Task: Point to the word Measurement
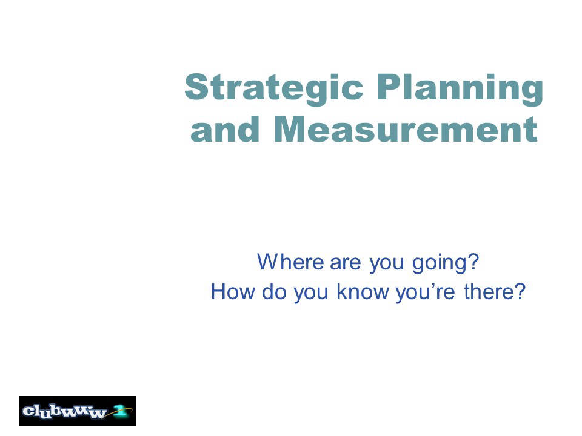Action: [406, 129]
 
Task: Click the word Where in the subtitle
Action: [290, 262]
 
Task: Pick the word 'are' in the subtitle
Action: [345, 263]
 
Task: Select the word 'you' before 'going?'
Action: [386, 265]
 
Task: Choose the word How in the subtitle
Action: [233, 291]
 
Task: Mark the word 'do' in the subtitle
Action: [274, 291]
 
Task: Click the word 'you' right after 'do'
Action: [311, 294]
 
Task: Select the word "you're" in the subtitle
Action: [426, 293]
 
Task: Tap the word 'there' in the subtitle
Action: [488, 291]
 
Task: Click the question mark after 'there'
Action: [520, 291]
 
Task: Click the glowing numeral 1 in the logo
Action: [119, 411]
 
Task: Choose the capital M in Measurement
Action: [291, 129]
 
